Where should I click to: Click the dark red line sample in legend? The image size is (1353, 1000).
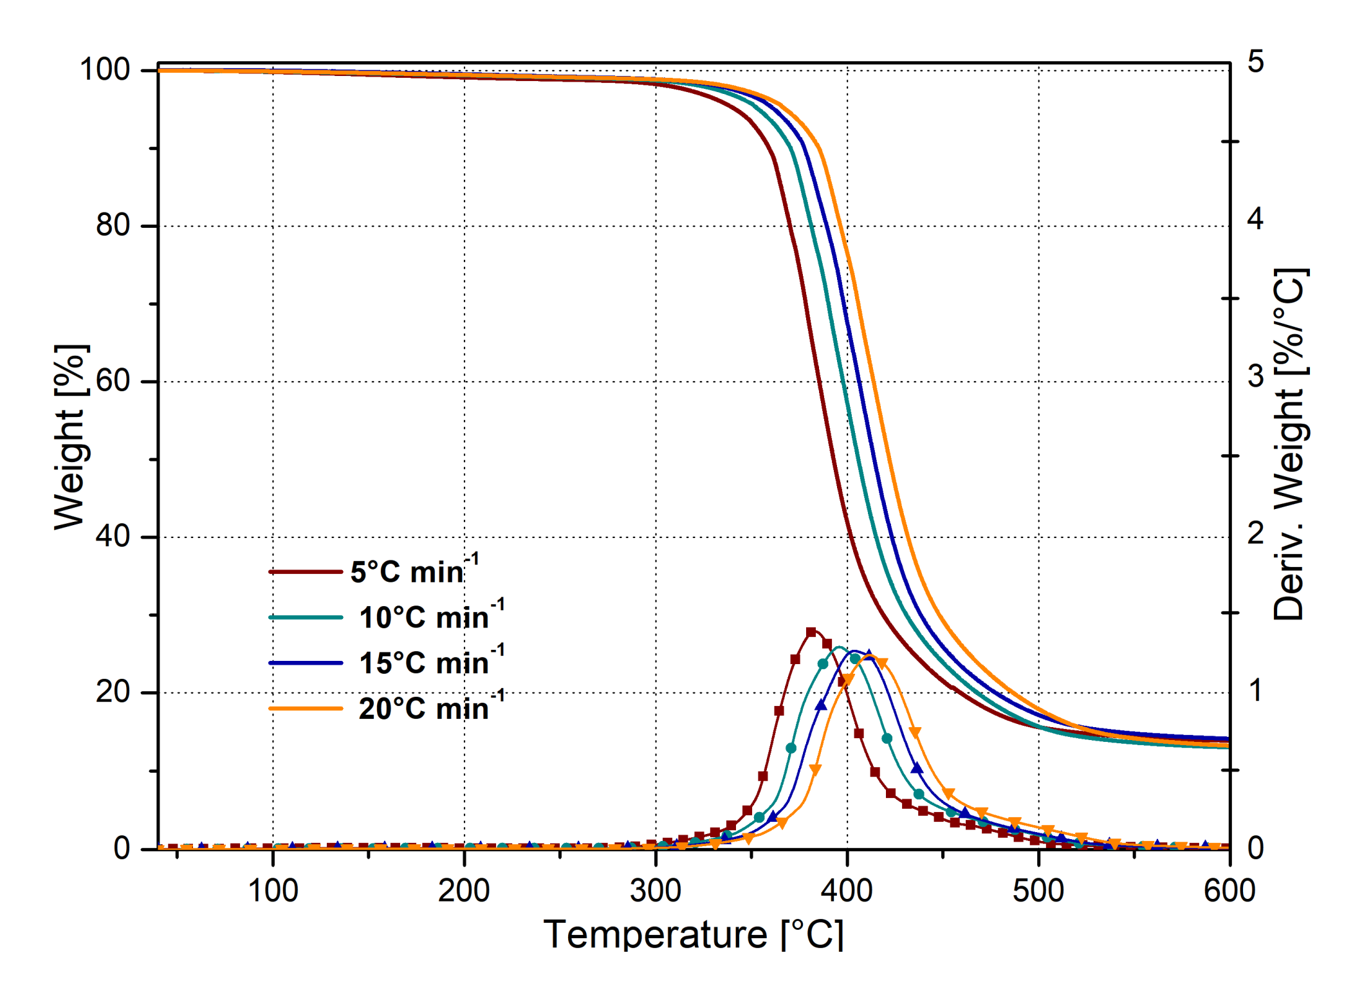(305, 571)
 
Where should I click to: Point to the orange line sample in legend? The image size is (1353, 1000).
(305, 708)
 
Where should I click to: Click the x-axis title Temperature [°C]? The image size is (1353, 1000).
(692, 934)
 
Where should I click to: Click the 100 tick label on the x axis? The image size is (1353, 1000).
(273, 891)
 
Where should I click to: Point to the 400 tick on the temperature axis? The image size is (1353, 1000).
(847, 891)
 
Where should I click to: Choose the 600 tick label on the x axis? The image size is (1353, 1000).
(1229, 891)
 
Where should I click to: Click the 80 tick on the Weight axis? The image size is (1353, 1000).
(113, 225)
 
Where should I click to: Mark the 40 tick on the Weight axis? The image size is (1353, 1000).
(113, 536)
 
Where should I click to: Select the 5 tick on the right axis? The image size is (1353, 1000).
(1255, 62)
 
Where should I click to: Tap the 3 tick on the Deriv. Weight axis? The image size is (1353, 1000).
(1255, 376)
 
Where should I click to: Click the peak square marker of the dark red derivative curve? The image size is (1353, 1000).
(811, 633)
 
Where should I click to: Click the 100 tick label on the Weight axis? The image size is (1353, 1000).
(104, 69)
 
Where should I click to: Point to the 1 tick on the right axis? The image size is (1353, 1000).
(1255, 690)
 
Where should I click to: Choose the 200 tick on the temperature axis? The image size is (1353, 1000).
(464, 891)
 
